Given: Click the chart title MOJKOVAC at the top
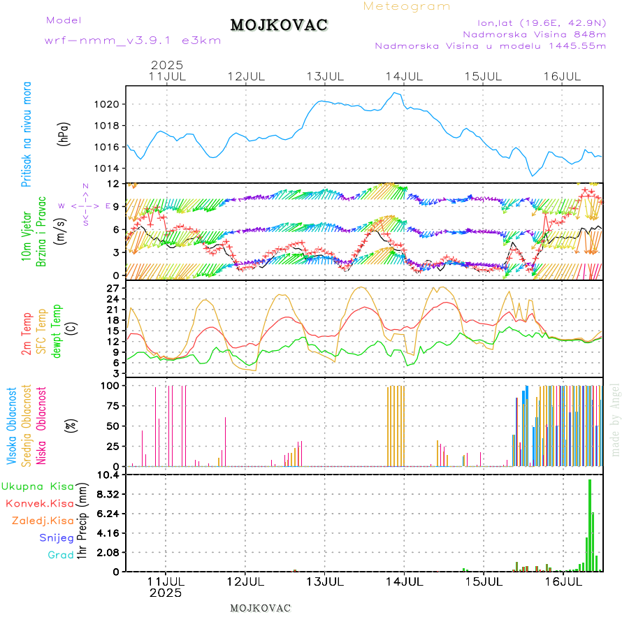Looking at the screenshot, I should point(279,25).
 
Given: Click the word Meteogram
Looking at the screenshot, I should point(407,6).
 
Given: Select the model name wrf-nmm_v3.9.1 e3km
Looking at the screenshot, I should point(133,41).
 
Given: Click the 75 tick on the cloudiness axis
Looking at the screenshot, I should point(112,405).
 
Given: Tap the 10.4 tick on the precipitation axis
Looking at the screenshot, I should point(109,475).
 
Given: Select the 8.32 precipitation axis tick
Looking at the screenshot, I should point(109,494).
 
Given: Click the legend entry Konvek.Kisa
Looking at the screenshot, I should point(39,503).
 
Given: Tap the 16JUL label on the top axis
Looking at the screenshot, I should point(563,75).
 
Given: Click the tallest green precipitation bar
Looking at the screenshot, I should point(590,525).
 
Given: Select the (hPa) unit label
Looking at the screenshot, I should point(64,133).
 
